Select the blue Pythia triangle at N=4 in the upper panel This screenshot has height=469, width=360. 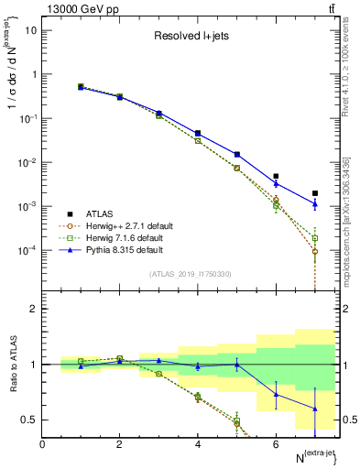[198, 133]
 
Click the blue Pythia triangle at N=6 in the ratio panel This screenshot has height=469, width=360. [276, 395]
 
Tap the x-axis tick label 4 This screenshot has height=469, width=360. [198, 444]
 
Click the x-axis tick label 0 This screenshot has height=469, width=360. [42, 444]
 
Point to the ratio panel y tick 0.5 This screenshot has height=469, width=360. [30, 420]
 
